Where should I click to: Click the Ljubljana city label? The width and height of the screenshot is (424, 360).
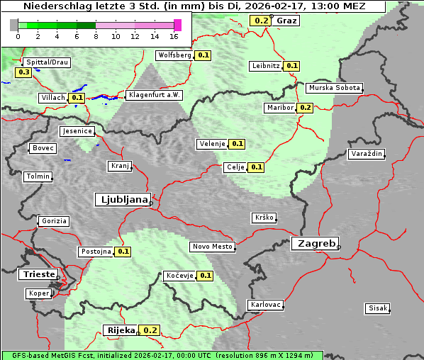[x=122, y=200]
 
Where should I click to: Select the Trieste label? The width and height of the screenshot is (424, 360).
[x=38, y=274]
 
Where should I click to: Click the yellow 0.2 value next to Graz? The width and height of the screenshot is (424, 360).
[x=261, y=21]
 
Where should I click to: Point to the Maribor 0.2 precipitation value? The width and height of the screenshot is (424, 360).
[x=305, y=108]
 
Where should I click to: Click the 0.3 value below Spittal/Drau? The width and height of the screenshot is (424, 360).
[x=23, y=72]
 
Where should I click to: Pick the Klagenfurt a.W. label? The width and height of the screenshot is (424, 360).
[x=154, y=95]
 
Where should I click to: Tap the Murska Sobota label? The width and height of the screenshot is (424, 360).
[x=334, y=88]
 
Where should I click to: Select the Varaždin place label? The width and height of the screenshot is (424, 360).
[x=367, y=154]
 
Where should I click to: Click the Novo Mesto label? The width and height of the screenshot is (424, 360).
[x=212, y=247]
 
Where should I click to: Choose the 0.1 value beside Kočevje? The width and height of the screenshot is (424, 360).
[x=206, y=276]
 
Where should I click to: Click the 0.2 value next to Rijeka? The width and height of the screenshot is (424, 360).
[x=150, y=330]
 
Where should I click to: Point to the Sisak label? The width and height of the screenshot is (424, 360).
[x=377, y=308]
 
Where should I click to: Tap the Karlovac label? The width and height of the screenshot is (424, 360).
[x=266, y=305]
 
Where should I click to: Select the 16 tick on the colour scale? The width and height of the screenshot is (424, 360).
[x=174, y=36]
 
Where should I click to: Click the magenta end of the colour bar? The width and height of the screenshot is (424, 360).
[x=177, y=25]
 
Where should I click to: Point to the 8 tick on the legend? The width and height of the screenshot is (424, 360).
[x=96, y=36]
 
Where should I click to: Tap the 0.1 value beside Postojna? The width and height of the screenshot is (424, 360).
[x=123, y=252]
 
